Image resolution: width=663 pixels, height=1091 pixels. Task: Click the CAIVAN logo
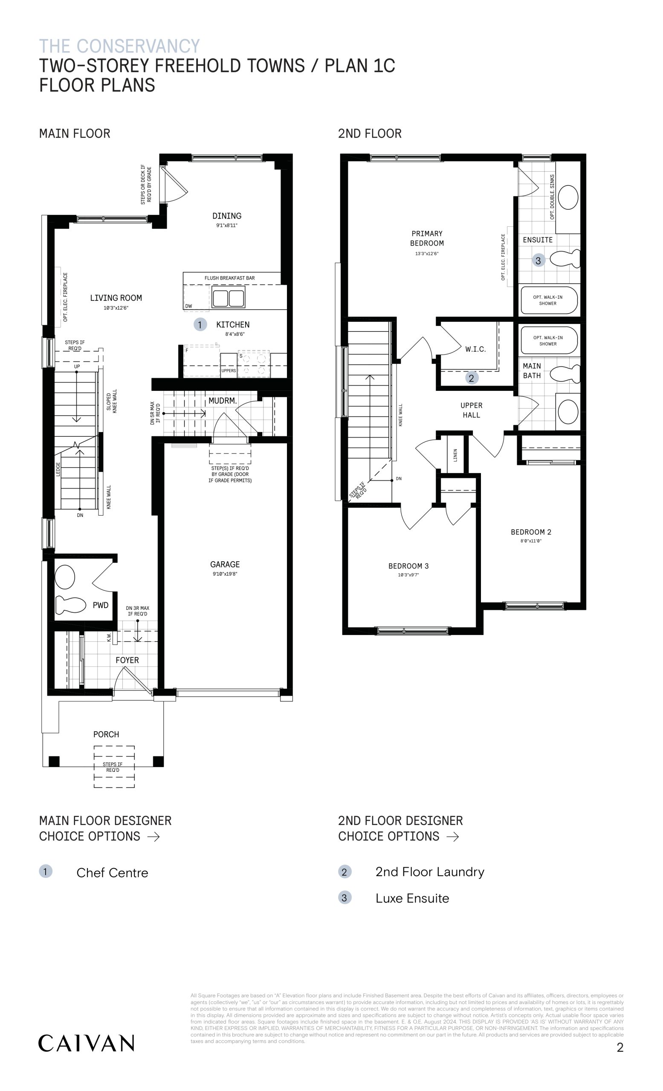click(86, 1043)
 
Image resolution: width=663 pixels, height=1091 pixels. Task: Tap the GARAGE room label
click(225, 564)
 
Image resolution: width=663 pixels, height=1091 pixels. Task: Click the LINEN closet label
click(455, 455)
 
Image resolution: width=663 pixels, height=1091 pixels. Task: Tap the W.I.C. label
click(475, 349)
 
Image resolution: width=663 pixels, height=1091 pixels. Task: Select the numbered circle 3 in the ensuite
click(538, 260)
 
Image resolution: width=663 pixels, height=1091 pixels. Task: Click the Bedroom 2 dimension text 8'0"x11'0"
click(531, 541)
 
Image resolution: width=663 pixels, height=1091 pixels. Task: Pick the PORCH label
click(106, 734)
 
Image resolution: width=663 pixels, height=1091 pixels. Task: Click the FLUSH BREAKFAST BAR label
click(229, 278)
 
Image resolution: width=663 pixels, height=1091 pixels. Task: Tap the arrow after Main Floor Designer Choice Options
click(153, 837)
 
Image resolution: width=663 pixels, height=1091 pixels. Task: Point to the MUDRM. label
click(223, 401)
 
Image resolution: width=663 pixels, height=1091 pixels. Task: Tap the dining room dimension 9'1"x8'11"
click(227, 225)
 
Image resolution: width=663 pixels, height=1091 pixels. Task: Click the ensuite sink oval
click(568, 197)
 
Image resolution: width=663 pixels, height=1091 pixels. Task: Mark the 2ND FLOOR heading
click(370, 133)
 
